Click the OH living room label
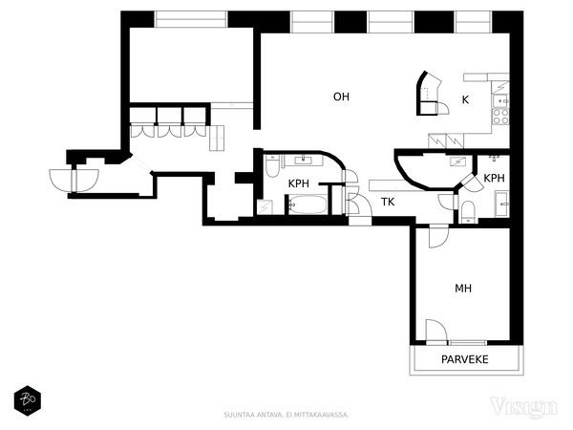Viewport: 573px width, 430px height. click(x=341, y=97)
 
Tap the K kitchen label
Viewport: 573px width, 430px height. click(x=465, y=99)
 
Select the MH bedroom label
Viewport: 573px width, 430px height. click(x=463, y=289)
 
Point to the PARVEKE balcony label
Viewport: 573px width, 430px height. click(x=464, y=359)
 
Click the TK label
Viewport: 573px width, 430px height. click(x=388, y=202)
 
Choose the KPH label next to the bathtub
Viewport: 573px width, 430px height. click(x=299, y=183)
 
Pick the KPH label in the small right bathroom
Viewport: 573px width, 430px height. click(x=494, y=178)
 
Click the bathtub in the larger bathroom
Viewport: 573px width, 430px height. click(x=308, y=204)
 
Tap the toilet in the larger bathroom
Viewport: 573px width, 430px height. click(x=272, y=166)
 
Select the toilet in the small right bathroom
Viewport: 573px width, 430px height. click(x=468, y=212)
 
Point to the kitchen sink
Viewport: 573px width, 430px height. click(x=500, y=100)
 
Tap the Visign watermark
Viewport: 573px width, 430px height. click(x=524, y=407)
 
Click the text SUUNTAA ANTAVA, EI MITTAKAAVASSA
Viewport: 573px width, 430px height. click(x=286, y=415)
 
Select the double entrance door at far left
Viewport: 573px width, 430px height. click(x=74, y=181)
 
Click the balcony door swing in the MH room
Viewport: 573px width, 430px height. click(x=436, y=332)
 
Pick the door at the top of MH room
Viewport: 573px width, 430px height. click(x=438, y=237)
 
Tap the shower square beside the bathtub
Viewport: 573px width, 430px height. click(x=265, y=207)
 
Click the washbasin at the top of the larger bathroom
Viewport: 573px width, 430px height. click(x=303, y=160)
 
